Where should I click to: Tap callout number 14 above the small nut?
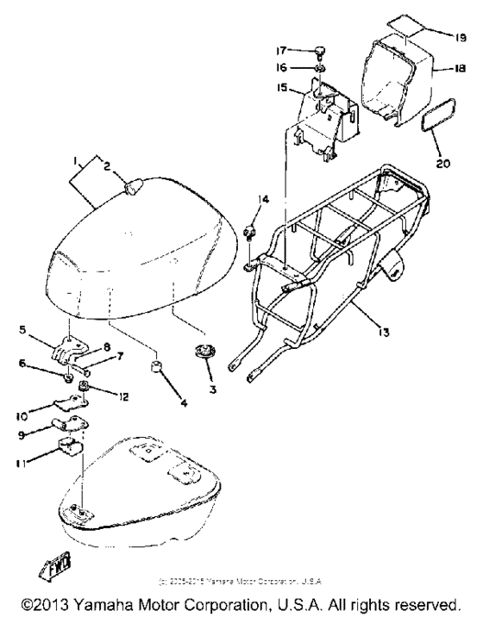click(263, 200)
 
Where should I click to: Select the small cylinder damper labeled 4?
click(159, 370)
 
